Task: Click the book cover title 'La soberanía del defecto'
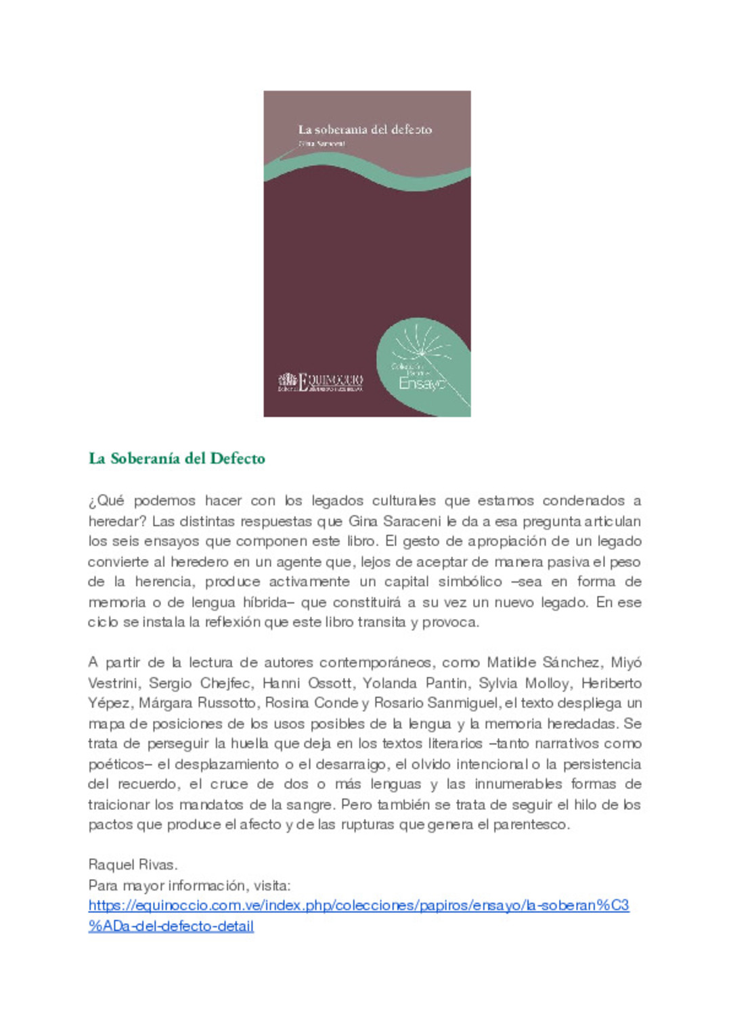point(365,129)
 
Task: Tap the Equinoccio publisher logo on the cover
point(320,382)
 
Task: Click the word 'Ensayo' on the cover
point(421,383)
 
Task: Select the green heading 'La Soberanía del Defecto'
point(177,458)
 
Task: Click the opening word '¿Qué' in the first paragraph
point(106,501)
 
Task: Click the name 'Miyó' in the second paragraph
point(625,662)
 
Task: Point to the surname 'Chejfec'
point(225,683)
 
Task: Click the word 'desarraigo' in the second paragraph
point(351,764)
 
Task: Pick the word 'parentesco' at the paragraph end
point(531,824)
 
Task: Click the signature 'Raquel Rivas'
point(133,864)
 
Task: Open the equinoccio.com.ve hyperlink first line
point(359,905)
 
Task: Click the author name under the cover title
point(322,143)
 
